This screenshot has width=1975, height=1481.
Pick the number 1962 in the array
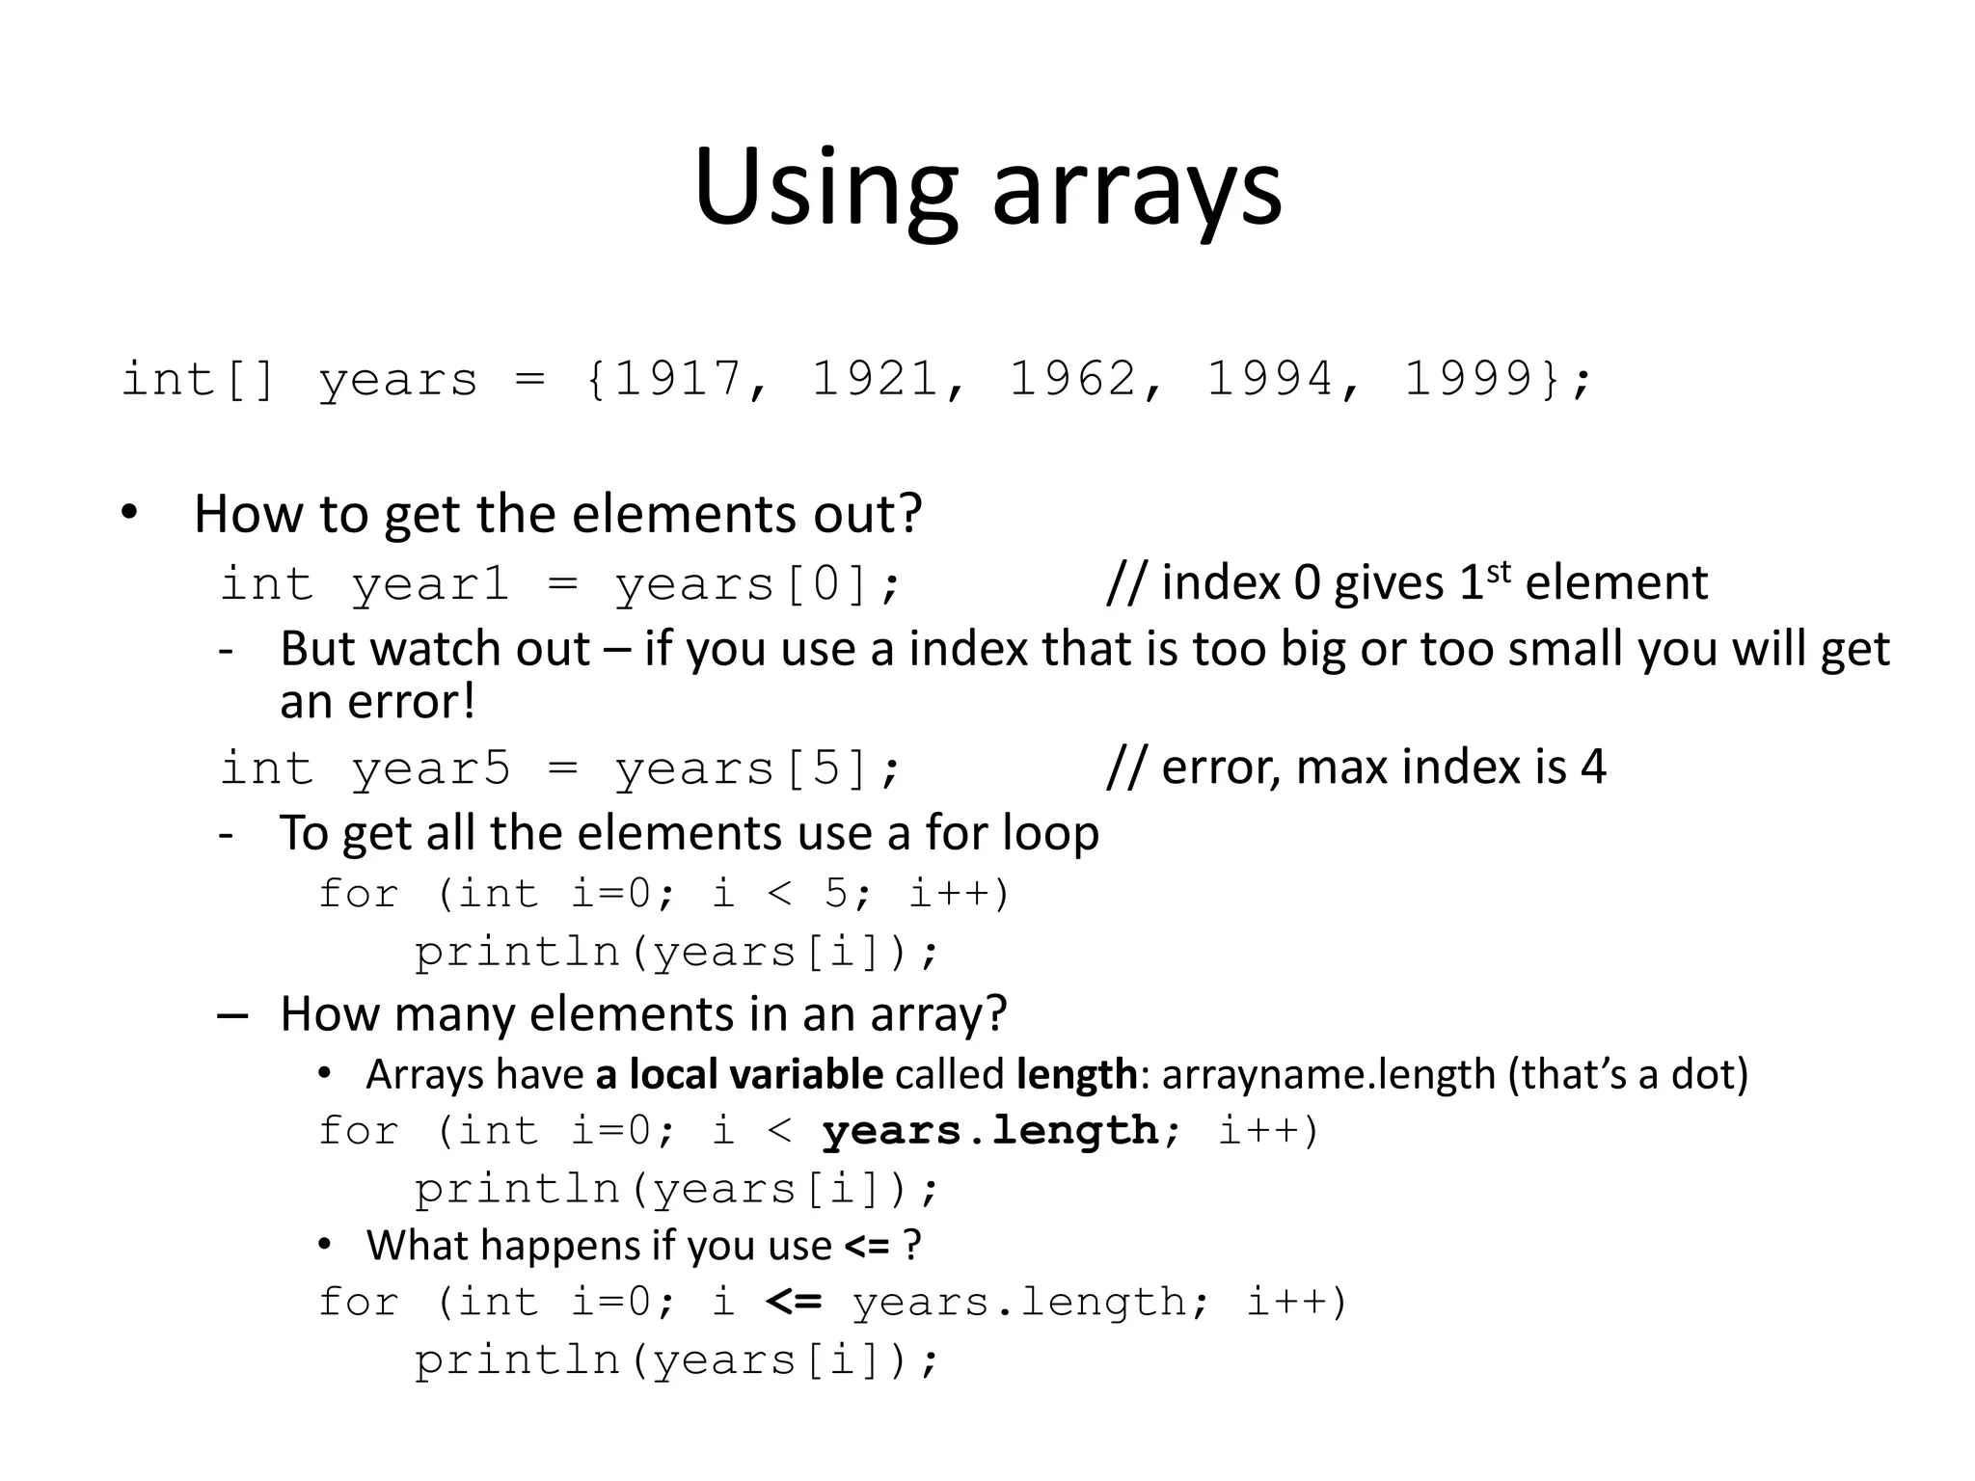coord(1072,378)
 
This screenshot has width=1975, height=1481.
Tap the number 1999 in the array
coord(1468,378)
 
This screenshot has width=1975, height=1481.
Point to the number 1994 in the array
coord(1270,378)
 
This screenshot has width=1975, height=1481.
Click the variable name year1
coord(430,584)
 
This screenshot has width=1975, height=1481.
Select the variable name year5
coord(430,768)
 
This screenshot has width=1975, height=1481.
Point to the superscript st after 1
coord(1498,572)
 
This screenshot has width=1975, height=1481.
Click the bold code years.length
coord(990,1130)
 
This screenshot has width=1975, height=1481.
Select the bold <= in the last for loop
coord(794,1302)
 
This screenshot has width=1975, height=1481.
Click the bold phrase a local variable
coord(739,1074)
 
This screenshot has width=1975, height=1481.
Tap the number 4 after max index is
coord(1593,767)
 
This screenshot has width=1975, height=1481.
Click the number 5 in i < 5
coord(836,894)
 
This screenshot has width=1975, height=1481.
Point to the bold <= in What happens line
coord(867,1246)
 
